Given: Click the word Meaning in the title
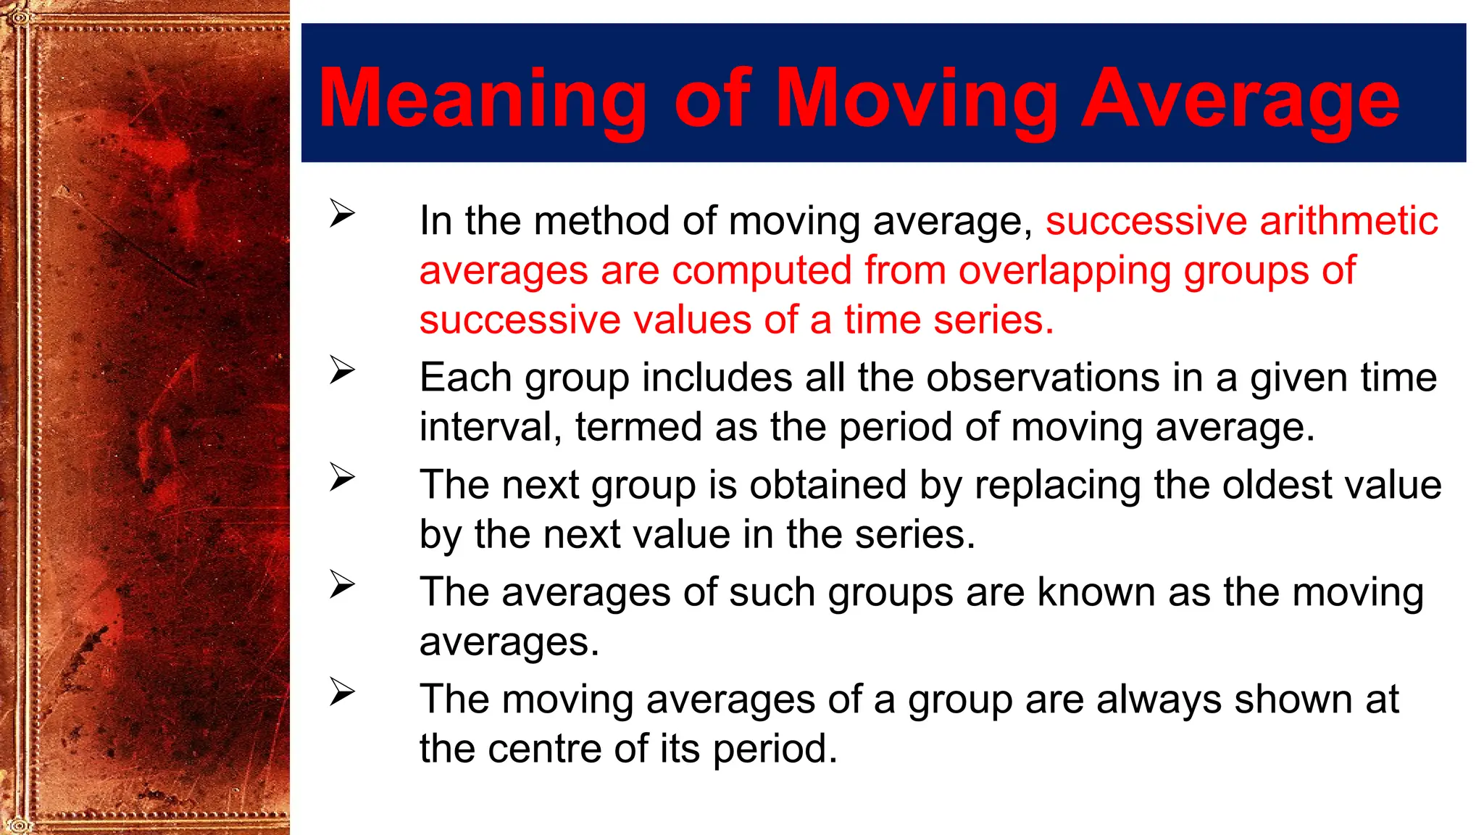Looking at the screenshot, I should (x=482, y=99).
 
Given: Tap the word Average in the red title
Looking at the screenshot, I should (x=1240, y=99).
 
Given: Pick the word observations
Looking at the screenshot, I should (x=1043, y=378).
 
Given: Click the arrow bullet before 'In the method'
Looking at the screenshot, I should (x=342, y=213).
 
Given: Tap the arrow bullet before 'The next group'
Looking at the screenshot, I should (x=342, y=477).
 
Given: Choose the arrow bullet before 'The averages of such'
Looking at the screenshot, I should (x=342, y=584).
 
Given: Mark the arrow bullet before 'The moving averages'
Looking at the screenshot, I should (x=342, y=691).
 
